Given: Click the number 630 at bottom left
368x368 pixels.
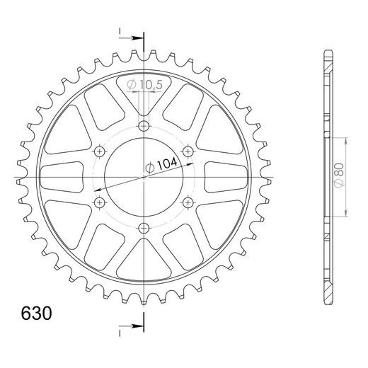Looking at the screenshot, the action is (x=36, y=314).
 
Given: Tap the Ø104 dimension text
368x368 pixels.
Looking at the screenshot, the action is (x=161, y=165).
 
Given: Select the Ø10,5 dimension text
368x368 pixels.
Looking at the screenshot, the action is (x=144, y=84).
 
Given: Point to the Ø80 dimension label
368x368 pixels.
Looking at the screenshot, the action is (x=340, y=176).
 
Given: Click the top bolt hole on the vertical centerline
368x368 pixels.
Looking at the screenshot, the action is (x=144, y=126).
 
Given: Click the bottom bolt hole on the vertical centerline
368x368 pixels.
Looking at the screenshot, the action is (x=144, y=228).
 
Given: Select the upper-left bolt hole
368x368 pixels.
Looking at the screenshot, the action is (x=99, y=151).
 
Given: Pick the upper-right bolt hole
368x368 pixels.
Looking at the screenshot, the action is (x=188, y=151).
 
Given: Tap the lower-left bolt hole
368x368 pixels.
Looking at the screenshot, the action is (x=99, y=202).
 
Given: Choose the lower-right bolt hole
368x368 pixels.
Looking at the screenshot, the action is (x=188, y=202).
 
